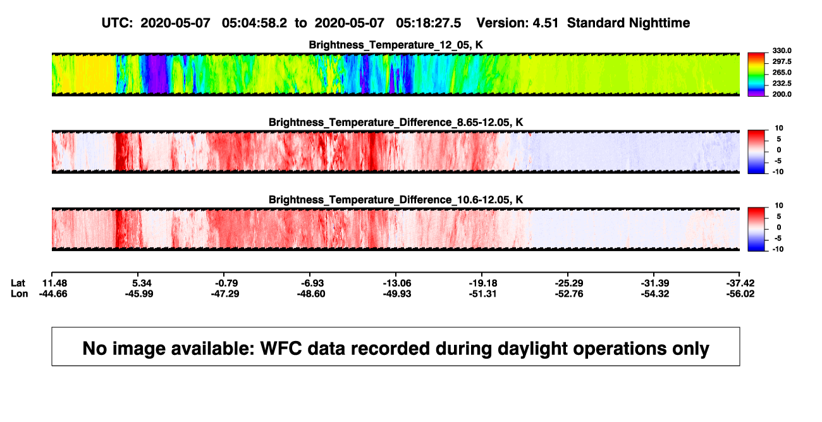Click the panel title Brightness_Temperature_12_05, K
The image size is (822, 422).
(x=396, y=45)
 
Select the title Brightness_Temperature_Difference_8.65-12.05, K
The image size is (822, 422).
(x=396, y=122)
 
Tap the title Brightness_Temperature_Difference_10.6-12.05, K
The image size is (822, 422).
(x=396, y=200)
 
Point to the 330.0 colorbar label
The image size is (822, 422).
(x=782, y=51)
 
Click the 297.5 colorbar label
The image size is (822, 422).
(x=782, y=61)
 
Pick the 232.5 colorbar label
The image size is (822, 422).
(x=782, y=84)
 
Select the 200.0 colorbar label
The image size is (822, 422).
(x=782, y=94)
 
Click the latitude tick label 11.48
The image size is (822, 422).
(x=54, y=283)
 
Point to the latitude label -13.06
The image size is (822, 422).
(x=397, y=283)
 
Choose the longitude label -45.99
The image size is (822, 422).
(x=139, y=294)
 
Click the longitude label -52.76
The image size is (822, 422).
(x=569, y=294)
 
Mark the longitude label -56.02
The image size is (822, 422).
(x=740, y=294)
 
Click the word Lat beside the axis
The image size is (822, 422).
(x=18, y=283)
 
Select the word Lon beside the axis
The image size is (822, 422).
(x=20, y=294)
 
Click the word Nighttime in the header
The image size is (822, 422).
(x=659, y=23)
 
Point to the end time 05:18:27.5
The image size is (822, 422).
(x=428, y=23)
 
